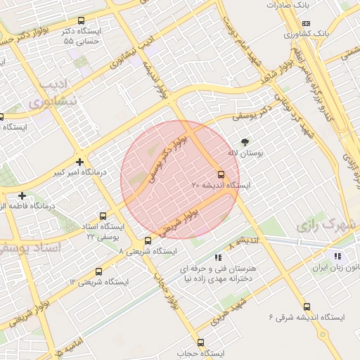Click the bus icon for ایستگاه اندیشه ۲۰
pyautogui.click(x=221, y=174)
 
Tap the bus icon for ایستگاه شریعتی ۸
pyautogui.click(x=148, y=241)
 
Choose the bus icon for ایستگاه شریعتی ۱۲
pyautogui.click(x=98, y=272)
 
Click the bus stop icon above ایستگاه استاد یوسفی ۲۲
pyautogui.click(x=103, y=216)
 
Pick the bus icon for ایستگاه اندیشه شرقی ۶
pyautogui.click(x=307, y=307)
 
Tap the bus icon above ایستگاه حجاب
pyautogui.click(x=200, y=342)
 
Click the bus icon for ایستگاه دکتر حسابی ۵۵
pyautogui.click(x=82, y=21)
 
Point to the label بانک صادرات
pyautogui.click(x=288, y=5)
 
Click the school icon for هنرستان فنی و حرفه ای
pyautogui.click(x=218, y=257)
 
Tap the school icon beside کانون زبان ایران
pyautogui.click(x=337, y=257)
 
